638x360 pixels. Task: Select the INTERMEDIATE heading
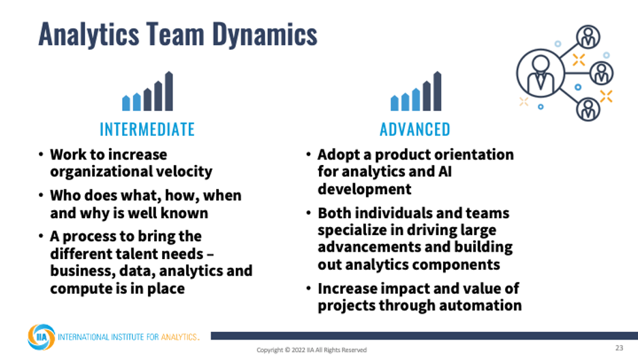147,130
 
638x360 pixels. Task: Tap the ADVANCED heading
415,130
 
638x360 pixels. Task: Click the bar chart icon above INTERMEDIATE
148,91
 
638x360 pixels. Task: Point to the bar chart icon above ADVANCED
416,91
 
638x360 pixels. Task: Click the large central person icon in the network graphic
541,73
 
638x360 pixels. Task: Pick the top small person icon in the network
588,37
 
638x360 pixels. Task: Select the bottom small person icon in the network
588,109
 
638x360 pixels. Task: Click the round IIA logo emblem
41,337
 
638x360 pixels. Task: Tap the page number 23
619,348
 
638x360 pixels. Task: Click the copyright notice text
312,350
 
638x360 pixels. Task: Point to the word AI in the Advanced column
445,172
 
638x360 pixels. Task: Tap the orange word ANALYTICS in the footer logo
179,337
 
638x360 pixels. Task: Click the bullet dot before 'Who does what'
41,195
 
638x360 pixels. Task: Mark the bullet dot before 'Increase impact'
309,288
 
